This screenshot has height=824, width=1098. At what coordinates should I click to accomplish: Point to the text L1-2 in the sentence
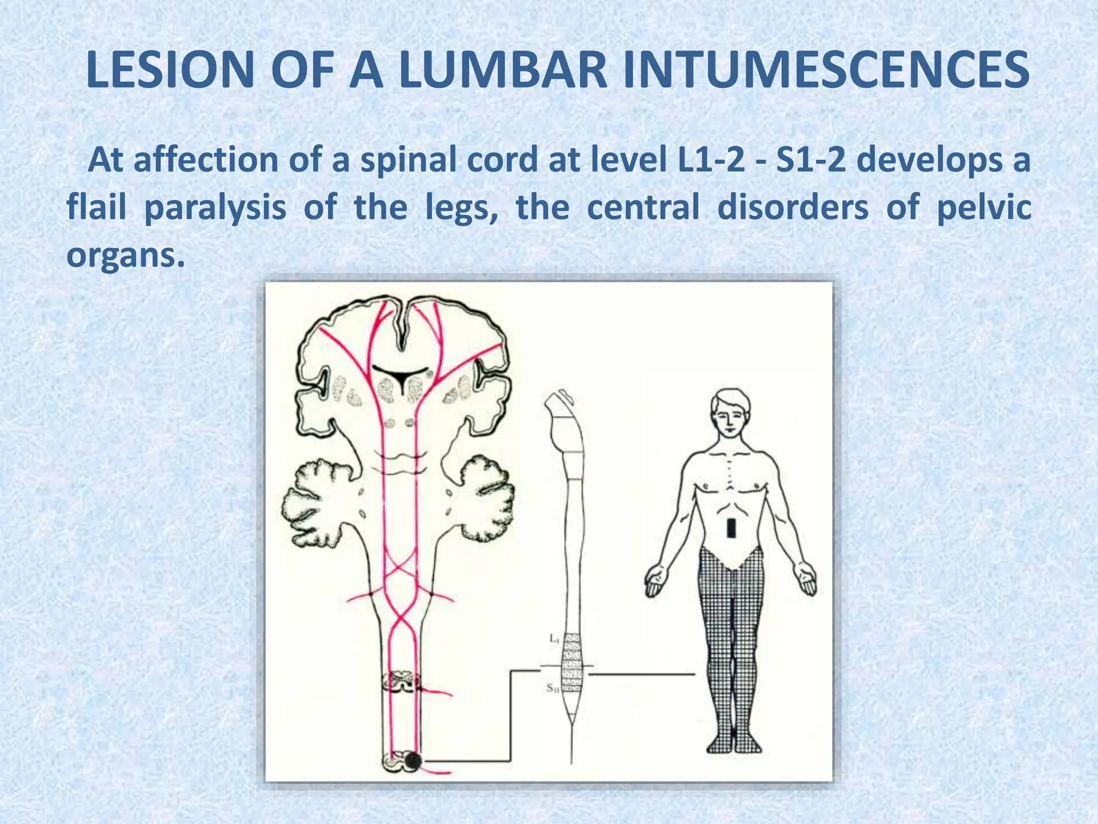point(707,160)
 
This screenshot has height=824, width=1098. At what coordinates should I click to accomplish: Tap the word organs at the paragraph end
point(121,254)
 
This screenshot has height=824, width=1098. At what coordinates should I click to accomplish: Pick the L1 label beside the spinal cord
point(554,639)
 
